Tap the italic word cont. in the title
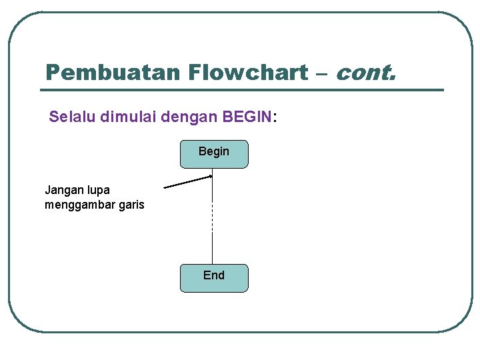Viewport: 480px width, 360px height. click(x=365, y=72)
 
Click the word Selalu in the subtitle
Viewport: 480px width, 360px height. click(x=72, y=117)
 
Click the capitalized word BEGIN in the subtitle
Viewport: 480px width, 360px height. click(x=247, y=117)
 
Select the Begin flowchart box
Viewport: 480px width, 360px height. click(x=214, y=153)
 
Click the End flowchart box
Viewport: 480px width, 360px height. click(x=214, y=278)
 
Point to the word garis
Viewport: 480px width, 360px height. click(x=131, y=205)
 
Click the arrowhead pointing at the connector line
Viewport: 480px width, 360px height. click(x=209, y=177)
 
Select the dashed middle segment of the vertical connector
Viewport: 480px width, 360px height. click(x=212, y=217)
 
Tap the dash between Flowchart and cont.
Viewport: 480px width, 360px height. click(x=321, y=73)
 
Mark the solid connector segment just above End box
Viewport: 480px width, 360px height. click(x=212, y=248)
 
